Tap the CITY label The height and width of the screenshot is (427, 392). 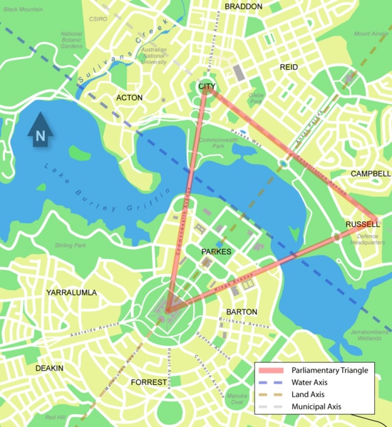207,86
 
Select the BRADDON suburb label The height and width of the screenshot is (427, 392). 244,6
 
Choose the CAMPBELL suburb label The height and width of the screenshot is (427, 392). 371,173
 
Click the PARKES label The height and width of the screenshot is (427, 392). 215,252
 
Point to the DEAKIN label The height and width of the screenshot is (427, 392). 49,368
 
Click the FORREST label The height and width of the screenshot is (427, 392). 149,382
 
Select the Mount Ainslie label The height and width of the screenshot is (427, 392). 371,33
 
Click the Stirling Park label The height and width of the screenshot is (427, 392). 70,246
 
